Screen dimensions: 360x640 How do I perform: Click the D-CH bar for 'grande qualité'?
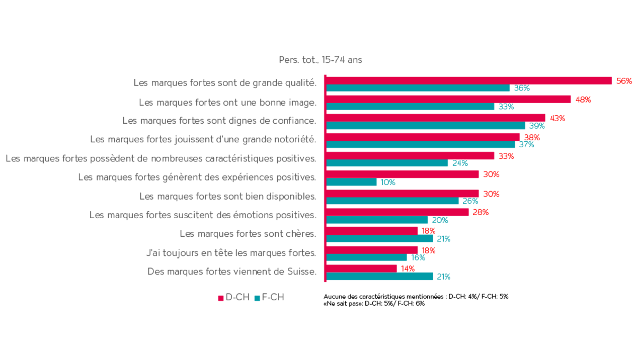(x=469, y=80)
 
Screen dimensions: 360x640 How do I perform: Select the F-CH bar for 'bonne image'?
(x=411, y=107)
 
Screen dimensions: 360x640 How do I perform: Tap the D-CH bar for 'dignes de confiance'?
(x=436, y=118)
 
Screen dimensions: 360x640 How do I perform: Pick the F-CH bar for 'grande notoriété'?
(x=421, y=145)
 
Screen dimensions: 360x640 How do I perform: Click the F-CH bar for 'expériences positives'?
(x=352, y=182)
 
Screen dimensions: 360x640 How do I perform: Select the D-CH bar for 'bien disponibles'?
(x=403, y=193)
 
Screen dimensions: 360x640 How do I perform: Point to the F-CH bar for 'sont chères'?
(x=380, y=239)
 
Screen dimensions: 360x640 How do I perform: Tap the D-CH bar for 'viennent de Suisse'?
(x=362, y=268)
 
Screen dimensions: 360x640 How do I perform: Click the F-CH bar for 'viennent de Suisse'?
(x=380, y=277)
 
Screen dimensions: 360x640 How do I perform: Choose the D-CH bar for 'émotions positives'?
(x=398, y=212)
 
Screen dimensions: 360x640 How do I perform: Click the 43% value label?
(x=557, y=118)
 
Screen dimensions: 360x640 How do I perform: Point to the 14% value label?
(x=407, y=268)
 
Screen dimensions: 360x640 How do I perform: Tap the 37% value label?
(x=526, y=145)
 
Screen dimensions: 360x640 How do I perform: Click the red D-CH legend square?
(x=220, y=298)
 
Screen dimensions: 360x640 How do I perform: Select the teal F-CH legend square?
(x=257, y=298)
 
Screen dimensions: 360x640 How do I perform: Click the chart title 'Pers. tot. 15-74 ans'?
(x=320, y=60)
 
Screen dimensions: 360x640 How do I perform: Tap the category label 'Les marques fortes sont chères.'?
(x=248, y=234)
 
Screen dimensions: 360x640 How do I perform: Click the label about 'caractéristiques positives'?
(x=161, y=158)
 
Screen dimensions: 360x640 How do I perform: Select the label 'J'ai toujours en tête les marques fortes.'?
(x=231, y=253)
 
